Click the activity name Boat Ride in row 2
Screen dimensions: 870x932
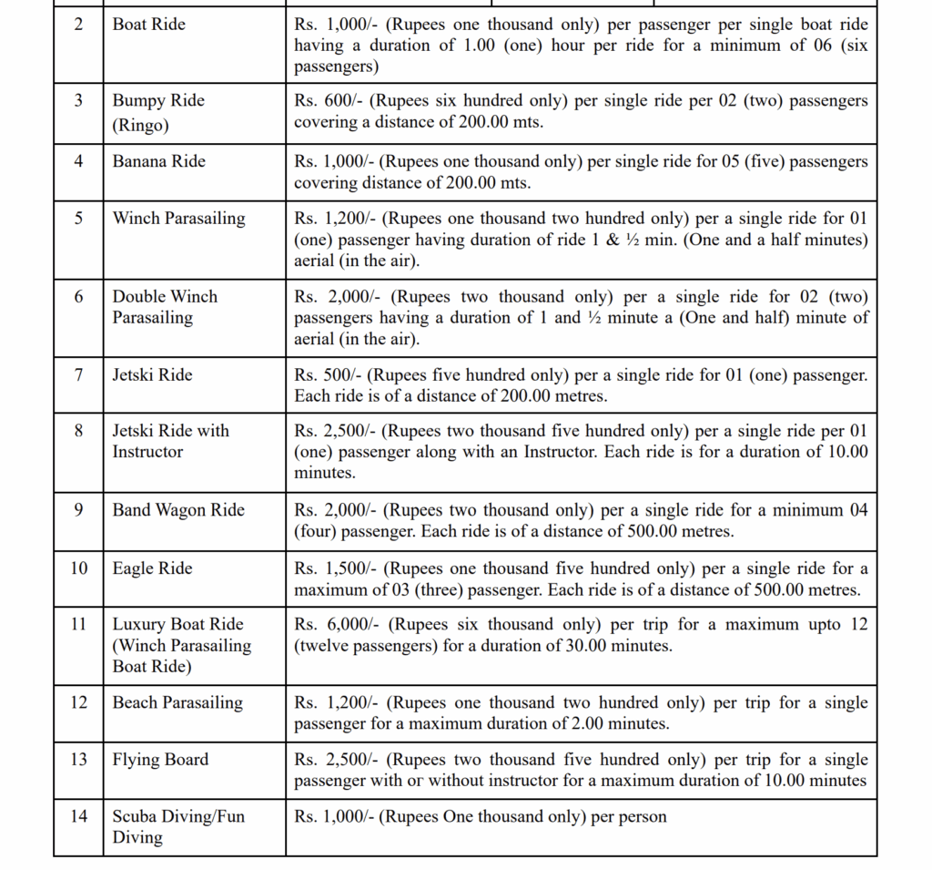[x=148, y=25]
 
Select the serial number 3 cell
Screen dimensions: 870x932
[x=78, y=100]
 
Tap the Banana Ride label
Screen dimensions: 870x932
[x=158, y=161]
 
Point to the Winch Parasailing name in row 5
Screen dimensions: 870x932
[x=178, y=219]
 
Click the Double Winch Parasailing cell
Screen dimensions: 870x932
[x=165, y=307]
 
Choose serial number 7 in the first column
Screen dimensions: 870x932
[x=78, y=374]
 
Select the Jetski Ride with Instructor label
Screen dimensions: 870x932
[x=170, y=441]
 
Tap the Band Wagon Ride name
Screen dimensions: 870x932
[x=178, y=510]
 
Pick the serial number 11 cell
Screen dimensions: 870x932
[x=78, y=624]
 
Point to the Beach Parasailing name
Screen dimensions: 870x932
[x=177, y=702]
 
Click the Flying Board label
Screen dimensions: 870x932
[x=160, y=760]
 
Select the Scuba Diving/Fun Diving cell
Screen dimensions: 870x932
[x=178, y=826]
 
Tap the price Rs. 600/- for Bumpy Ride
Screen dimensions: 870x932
[x=322, y=101]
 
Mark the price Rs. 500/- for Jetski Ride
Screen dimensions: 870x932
[x=322, y=375]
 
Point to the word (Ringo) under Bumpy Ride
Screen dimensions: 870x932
[x=140, y=126]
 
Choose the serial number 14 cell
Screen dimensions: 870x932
[x=78, y=816]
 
